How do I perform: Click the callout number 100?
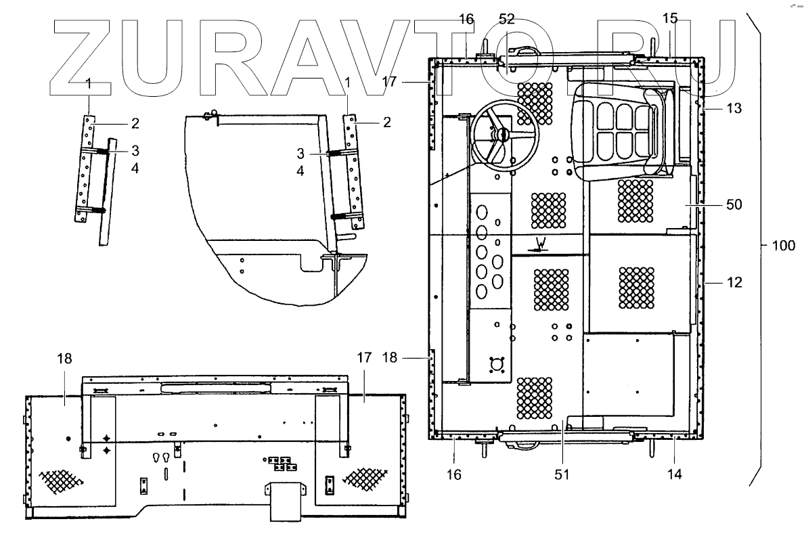pyautogui.click(x=784, y=246)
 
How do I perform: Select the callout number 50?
pyautogui.click(x=734, y=204)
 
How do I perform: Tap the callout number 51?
pyautogui.click(x=562, y=474)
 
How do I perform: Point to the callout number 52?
pyautogui.click(x=507, y=19)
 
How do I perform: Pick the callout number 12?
pyautogui.click(x=734, y=283)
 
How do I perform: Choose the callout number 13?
pyautogui.click(x=734, y=108)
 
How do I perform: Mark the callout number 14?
pyautogui.click(x=675, y=474)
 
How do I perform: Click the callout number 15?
pyautogui.click(x=669, y=19)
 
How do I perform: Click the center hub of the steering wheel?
pyautogui.click(x=502, y=135)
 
